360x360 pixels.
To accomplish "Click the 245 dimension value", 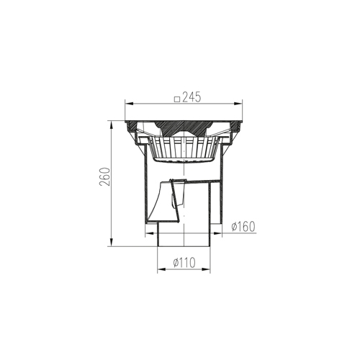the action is [x=191, y=98].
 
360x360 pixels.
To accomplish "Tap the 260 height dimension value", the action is [x=105, y=176].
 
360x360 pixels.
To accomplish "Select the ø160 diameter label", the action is [x=243, y=227].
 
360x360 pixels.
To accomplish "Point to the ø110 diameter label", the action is [x=184, y=263].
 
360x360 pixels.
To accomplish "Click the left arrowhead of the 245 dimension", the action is [x=129, y=104].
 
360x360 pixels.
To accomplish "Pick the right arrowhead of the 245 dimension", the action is [x=238, y=104].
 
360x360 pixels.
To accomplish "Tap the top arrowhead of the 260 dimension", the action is [x=112, y=125].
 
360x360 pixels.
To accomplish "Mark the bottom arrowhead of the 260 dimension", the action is [x=112, y=242].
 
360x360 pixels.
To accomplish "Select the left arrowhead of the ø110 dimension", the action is [x=161, y=269].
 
